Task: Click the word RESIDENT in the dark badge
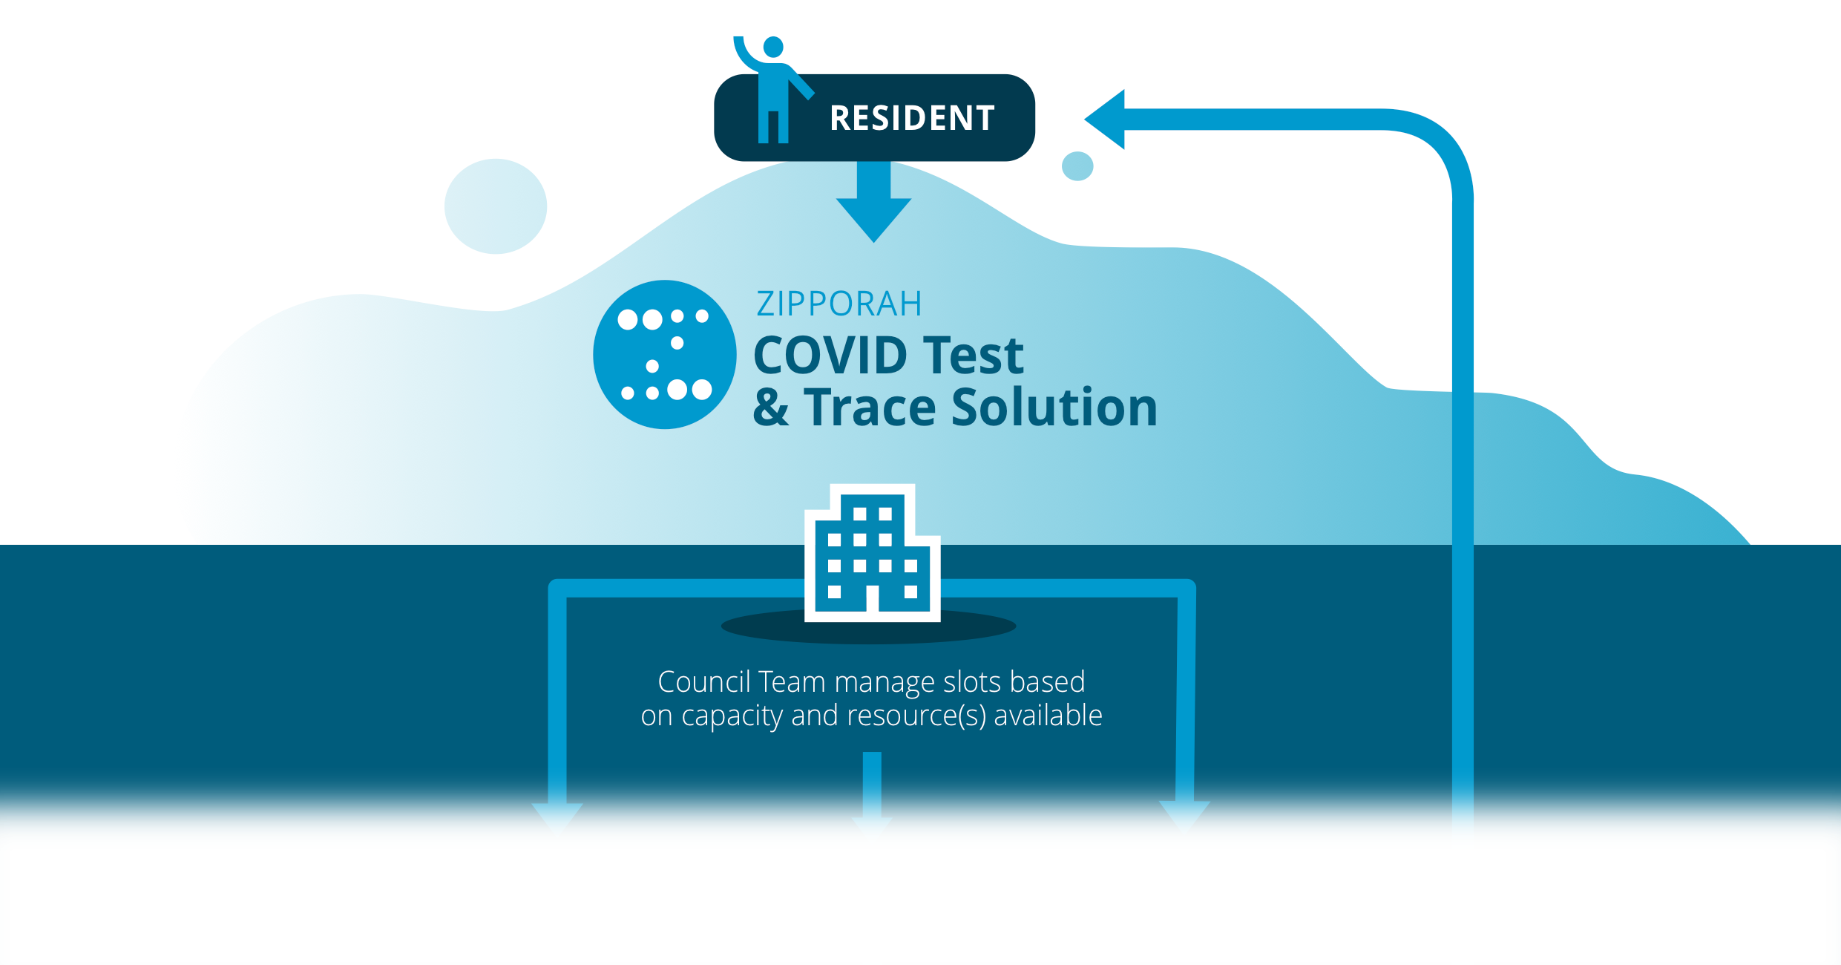pos(912,118)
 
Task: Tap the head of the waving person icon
pos(773,47)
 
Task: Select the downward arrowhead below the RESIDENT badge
pos(874,220)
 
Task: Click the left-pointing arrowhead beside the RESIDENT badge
pos(1105,120)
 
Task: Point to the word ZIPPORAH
pos(839,304)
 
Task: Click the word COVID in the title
pos(830,355)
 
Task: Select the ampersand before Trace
pos(771,407)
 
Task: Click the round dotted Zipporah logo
pos(665,354)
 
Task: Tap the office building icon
pos(873,553)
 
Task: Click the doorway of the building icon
pos(873,598)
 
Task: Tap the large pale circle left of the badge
pos(496,206)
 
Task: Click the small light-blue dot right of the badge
pos(1077,166)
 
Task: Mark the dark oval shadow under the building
pos(869,627)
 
